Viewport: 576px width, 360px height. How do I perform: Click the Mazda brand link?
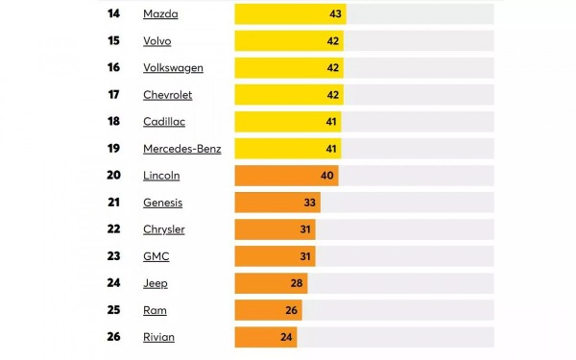coord(160,14)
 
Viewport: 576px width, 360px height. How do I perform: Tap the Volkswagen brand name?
coord(173,68)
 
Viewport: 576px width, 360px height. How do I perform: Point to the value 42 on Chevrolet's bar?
coord(333,95)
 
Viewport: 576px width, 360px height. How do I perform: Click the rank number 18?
coord(114,122)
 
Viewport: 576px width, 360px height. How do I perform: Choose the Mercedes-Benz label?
coord(181,149)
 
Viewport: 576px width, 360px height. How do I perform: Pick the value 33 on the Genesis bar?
coord(309,203)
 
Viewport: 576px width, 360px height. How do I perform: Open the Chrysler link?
coord(163,229)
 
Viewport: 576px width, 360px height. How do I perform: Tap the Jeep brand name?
coord(155,283)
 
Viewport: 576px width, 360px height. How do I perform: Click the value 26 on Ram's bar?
coord(292,310)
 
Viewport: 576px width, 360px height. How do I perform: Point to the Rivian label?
coord(158,337)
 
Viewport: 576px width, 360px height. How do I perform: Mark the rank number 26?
coord(114,337)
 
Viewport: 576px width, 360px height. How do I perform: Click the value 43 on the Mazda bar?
coord(336,14)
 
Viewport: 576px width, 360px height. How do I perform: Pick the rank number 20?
coord(114,176)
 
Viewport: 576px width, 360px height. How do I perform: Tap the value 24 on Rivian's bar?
coord(287,337)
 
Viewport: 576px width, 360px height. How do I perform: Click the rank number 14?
coord(114,14)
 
